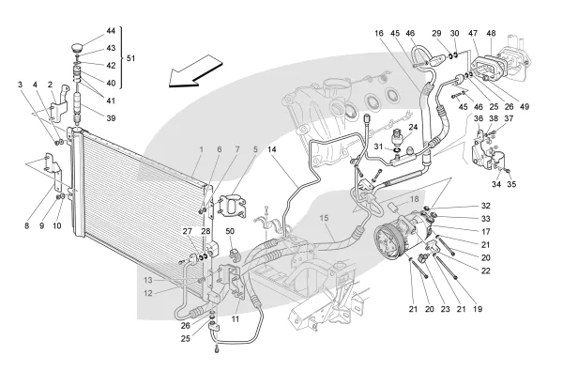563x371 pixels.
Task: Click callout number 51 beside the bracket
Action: (130, 58)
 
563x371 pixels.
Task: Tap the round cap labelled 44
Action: (77, 47)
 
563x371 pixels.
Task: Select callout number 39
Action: (111, 118)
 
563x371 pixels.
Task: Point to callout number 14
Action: (272, 149)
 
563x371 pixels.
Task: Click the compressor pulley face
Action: (389, 240)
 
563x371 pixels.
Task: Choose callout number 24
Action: (413, 127)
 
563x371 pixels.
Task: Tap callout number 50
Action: (230, 231)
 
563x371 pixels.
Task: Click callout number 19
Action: (478, 309)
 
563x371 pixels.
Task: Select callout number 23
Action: (445, 309)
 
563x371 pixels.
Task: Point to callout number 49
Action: (525, 107)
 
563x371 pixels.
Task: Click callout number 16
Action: (379, 33)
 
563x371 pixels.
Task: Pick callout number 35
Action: (511, 184)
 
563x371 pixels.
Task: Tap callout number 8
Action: (26, 225)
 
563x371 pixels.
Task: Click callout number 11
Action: (236, 319)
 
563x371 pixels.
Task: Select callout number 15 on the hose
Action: (324, 218)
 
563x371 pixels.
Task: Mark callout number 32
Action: (485, 206)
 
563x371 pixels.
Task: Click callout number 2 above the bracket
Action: (51, 85)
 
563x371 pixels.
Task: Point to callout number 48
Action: (491, 33)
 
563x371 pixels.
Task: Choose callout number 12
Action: (148, 293)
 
